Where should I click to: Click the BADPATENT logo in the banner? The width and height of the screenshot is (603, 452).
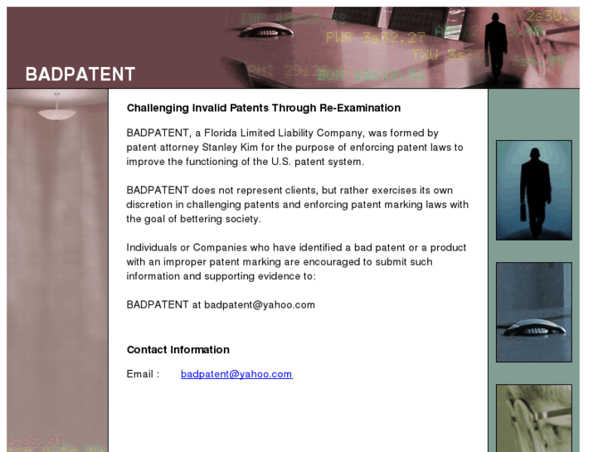(x=80, y=74)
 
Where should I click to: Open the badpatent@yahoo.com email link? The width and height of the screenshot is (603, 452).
(x=236, y=374)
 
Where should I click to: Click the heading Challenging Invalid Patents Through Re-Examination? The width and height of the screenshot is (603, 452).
(x=263, y=108)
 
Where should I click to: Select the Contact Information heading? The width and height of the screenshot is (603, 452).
(x=177, y=350)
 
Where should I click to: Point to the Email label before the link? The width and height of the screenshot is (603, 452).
(x=143, y=374)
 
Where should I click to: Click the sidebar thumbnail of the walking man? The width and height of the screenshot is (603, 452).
(x=533, y=190)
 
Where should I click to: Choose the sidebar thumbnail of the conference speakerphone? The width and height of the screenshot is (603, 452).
(x=533, y=312)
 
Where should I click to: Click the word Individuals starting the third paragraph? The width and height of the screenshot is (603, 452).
(x=152, y=247)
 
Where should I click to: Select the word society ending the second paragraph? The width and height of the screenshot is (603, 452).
(x=242, y=219)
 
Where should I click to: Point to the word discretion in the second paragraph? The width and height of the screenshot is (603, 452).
(x=151, y=204)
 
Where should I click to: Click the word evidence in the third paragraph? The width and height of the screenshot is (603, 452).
(x=276, y=276)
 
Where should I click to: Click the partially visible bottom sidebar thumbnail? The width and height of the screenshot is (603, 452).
(x=533, y=417)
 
